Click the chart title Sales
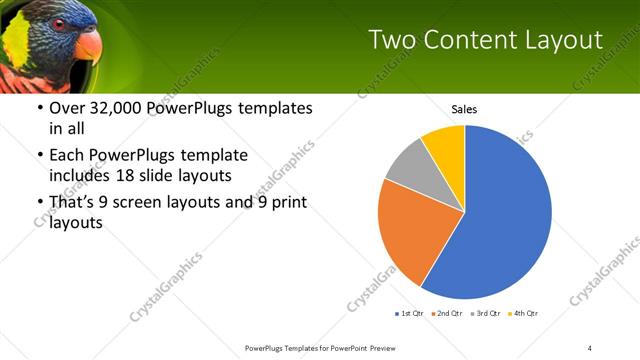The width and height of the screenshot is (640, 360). (x=464, y=108)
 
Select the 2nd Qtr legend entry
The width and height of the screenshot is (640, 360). (x=447, y=314)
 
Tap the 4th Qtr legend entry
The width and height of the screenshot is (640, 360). (x=524, y=314)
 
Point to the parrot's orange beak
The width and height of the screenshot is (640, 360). (x=88, y=45)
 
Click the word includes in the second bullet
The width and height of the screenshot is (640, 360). (x=78, y=175)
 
